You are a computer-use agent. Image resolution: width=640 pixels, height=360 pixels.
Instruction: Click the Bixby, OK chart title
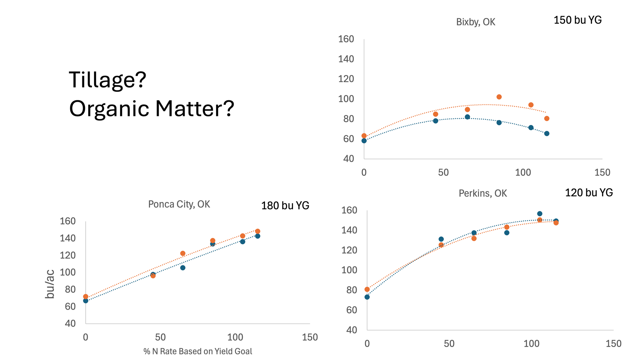[x=475, y=22]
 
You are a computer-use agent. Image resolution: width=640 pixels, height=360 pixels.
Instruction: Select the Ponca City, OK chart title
[x=179, y=204]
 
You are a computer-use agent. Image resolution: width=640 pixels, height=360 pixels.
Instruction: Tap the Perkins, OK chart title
[x=483, y=193]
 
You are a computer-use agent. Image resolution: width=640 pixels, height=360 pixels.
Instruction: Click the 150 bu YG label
[x=578, y=20]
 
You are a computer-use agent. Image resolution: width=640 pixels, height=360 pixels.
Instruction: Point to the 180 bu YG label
[x=285, y=206]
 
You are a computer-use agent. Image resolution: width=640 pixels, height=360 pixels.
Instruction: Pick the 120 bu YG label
[x=589, y=193]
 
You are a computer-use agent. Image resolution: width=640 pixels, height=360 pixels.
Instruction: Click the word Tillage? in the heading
[x=108, y=80]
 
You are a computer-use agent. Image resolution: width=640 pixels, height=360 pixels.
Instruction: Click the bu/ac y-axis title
[x=50, y=284]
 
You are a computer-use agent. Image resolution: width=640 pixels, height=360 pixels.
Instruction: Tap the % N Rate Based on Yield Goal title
[x=198, y=351]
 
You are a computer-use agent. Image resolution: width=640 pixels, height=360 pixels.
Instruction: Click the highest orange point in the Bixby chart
[x=499, y=97]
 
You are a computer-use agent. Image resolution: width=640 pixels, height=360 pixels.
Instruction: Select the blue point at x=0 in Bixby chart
[x=364, y=141]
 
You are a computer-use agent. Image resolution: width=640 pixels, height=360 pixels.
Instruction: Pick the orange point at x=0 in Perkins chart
[x=367, y=289]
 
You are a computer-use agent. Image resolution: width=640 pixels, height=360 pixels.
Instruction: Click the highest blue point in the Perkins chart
[x=540, y=214]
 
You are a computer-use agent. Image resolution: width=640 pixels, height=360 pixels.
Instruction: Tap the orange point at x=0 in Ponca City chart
[x=86, y=297]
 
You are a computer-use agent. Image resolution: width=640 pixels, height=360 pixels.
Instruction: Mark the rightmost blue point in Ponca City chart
[x=258, y=236]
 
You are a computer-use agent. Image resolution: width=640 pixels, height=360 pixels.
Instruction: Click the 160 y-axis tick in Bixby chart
[x=346, y=39]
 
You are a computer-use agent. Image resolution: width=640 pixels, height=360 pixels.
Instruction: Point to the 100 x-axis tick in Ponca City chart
[x=235, y=337]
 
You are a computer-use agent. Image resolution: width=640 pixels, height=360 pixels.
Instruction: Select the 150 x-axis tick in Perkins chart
[x=613, y=344]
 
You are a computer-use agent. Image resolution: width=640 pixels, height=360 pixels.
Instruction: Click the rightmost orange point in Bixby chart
[x=547, y=119]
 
